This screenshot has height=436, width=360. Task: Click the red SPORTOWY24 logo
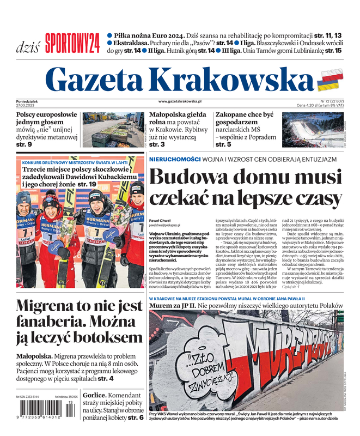tap(72, 43)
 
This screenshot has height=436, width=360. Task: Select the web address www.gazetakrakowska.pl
tap(180, 101)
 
